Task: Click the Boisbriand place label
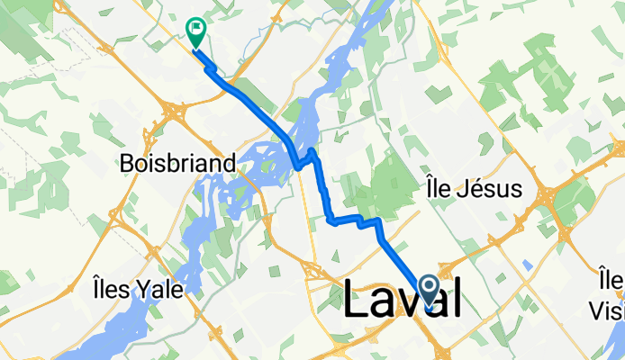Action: pyautogui.click(x=179, y=164)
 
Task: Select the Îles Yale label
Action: pyautogui.click(x=138, y=290)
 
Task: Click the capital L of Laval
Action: pyautogui.click(x=358, y=300)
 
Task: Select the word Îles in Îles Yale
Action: pyautogui.click(x=112, y=290)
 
